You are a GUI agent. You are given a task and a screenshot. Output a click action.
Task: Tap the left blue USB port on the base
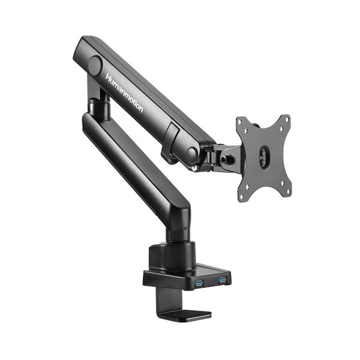coord(199,283)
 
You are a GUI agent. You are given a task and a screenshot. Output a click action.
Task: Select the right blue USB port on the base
coord(223,280)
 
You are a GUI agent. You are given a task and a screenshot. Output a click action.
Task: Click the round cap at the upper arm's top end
coord(95,65)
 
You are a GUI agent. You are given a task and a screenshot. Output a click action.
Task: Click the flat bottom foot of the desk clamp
coord(186,314)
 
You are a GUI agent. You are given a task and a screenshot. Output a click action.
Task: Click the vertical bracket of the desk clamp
coord(163,300)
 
